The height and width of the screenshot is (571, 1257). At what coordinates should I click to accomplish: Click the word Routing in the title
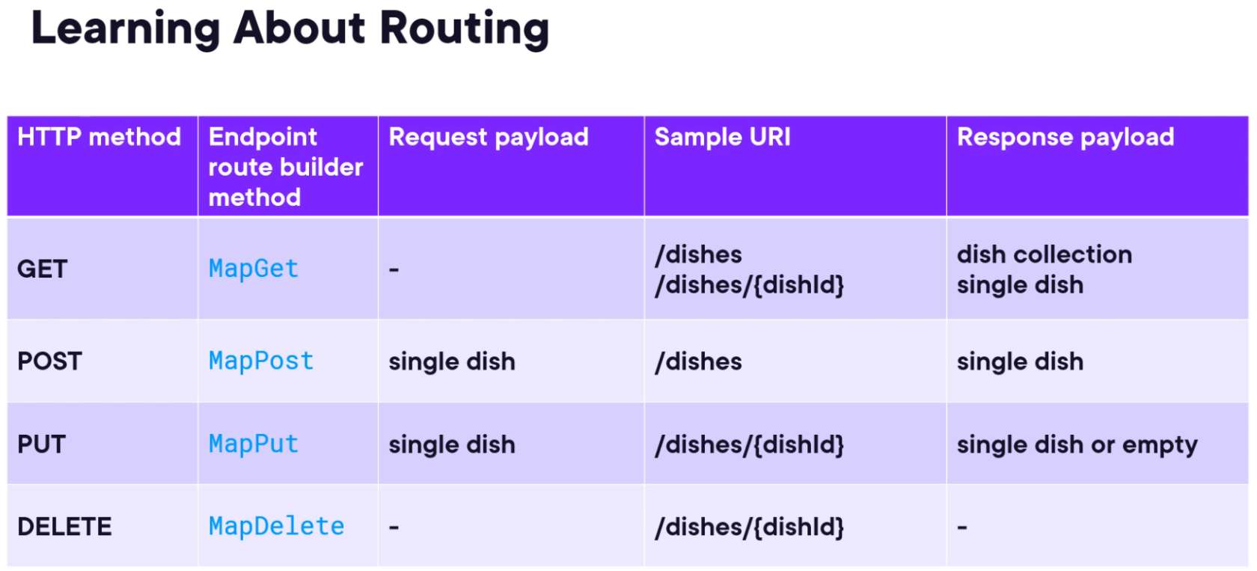pos(465,28)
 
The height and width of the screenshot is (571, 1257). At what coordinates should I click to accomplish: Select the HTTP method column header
pos(100,137)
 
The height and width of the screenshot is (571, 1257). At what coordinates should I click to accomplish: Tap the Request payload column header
pos(489,138)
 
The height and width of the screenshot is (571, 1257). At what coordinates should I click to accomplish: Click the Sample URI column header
pos(723,137)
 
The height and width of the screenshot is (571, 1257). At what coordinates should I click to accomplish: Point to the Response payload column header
pos(1065,138)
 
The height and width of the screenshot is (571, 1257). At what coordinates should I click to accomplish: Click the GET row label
pos(43,269)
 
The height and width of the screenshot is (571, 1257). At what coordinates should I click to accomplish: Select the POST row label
pos(50,361)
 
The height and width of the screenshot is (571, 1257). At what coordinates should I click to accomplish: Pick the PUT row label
pos(42,444)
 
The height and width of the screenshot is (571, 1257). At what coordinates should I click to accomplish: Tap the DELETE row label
pos(64,527)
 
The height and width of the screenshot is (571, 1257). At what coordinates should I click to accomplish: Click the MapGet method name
pos(254,269)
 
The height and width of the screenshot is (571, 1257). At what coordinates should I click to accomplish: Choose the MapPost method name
pos(261,361)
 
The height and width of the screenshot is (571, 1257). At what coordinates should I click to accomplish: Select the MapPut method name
pos(254,444)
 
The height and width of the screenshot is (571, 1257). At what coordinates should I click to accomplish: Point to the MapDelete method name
pos(277,527)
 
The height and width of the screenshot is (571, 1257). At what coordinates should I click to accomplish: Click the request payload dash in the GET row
pos(394,270)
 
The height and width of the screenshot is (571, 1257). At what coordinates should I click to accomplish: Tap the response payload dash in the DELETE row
pos(962,527)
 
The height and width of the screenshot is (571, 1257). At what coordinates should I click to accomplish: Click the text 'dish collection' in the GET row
pos(1045,254)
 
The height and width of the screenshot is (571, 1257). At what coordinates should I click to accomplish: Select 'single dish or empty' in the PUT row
pos(1077,445)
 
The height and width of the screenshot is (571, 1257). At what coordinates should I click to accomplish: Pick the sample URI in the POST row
pos(699,361)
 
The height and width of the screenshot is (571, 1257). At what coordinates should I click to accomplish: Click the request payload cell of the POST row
pos(452,361)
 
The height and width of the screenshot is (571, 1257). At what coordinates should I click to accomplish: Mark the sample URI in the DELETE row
pos(750,527)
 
